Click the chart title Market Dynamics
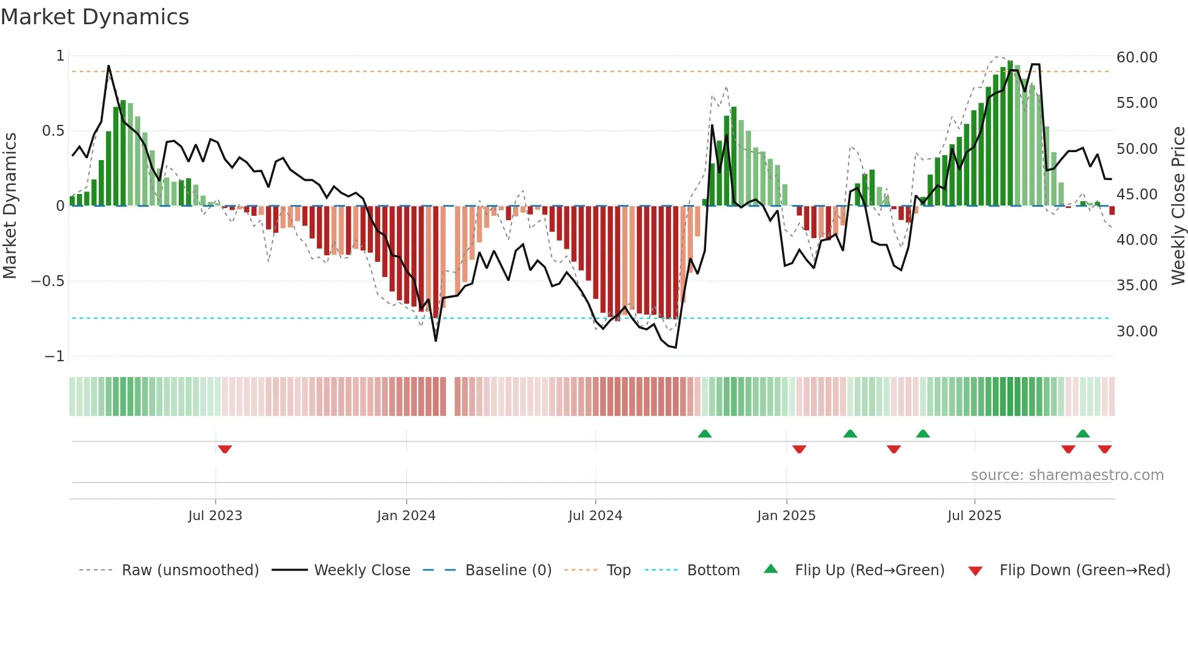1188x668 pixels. click(x=95, y=17)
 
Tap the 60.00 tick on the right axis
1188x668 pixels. click(x=1136, y=58)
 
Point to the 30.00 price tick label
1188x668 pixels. click(x=1136, y=332)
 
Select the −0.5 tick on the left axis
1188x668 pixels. click(x=47, y=281)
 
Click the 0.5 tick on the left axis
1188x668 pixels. click(x=53, y=131)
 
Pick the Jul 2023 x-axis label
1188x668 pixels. click(x=215, y=516)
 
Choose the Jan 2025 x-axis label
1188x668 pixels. click(x=786, y=516)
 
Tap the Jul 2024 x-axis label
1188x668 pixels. click(x=595, y=516)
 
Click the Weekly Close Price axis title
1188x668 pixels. click(x=1178, y=205)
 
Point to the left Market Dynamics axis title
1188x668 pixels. click(x=10, y=205)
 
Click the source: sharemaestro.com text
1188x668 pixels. click(x=1067, y=475)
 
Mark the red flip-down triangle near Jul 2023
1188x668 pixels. click(x=225, y=449)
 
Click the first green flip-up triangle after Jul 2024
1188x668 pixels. click(x=704, y=433)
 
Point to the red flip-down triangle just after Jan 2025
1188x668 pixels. click(x=799, y=449)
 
